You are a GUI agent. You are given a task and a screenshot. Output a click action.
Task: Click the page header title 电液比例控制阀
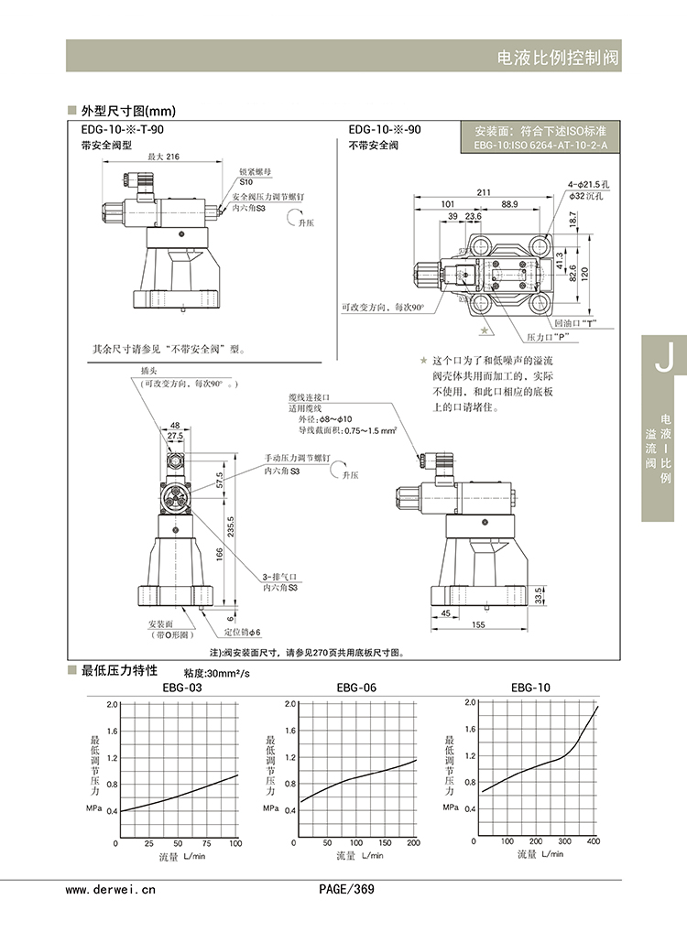pos(557,58)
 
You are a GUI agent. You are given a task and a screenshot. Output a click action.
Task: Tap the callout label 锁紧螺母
pos(256,171)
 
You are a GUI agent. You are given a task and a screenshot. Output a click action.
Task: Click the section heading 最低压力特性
pos(120,670)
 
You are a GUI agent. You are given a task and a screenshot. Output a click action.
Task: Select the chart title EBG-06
pos(356,688)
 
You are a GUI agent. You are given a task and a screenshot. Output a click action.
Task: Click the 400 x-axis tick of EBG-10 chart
pos(593,841)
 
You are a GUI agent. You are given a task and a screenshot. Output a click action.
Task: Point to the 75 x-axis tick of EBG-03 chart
pos(206,842)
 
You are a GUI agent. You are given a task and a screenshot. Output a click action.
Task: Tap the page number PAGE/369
pos(346,888)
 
